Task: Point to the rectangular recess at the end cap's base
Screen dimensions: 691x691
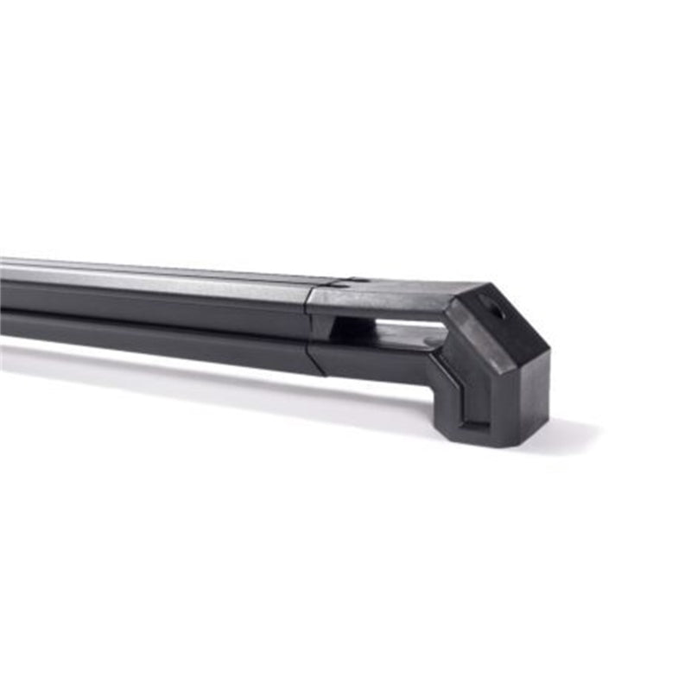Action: click(474, 407)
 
